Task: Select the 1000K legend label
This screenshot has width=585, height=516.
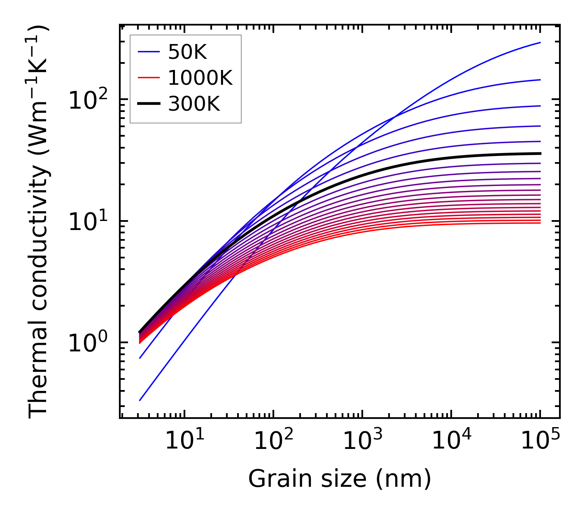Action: (x=200, y=78)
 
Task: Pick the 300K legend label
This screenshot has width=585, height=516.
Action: (x=194, y=105)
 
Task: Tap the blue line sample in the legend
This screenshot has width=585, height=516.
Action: (x=148, y=52)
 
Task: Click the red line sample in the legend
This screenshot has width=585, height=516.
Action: (x=148, y=78)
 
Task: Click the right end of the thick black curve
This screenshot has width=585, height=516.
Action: (x=540, y=153)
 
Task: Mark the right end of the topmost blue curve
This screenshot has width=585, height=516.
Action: (x=540, y=42)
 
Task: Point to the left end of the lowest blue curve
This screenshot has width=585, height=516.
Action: (x=140, y=400)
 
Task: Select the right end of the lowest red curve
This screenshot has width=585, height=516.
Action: (x=540, y=223)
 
